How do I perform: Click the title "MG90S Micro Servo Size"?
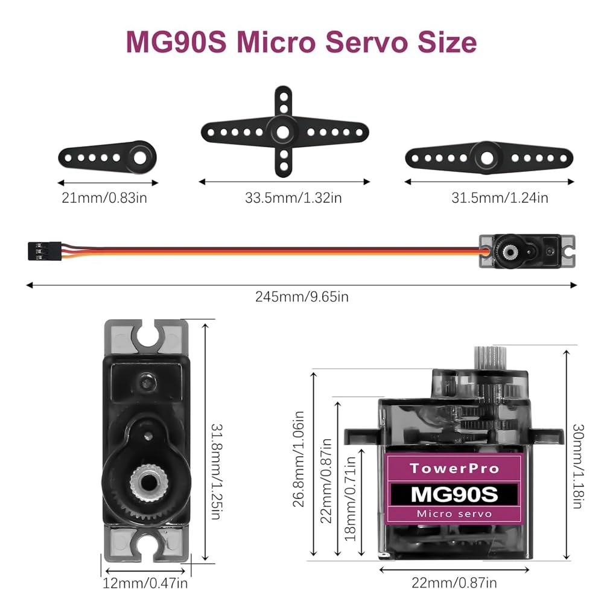[301, 42]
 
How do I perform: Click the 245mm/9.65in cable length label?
[302, 296]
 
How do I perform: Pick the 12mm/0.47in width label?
[146, 583]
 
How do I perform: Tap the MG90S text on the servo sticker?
[454, 494]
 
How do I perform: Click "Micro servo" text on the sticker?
[454, 514]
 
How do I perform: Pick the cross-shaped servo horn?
[284, 131]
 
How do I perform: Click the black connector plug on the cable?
[43, 249]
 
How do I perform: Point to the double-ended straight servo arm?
[487, 157]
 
